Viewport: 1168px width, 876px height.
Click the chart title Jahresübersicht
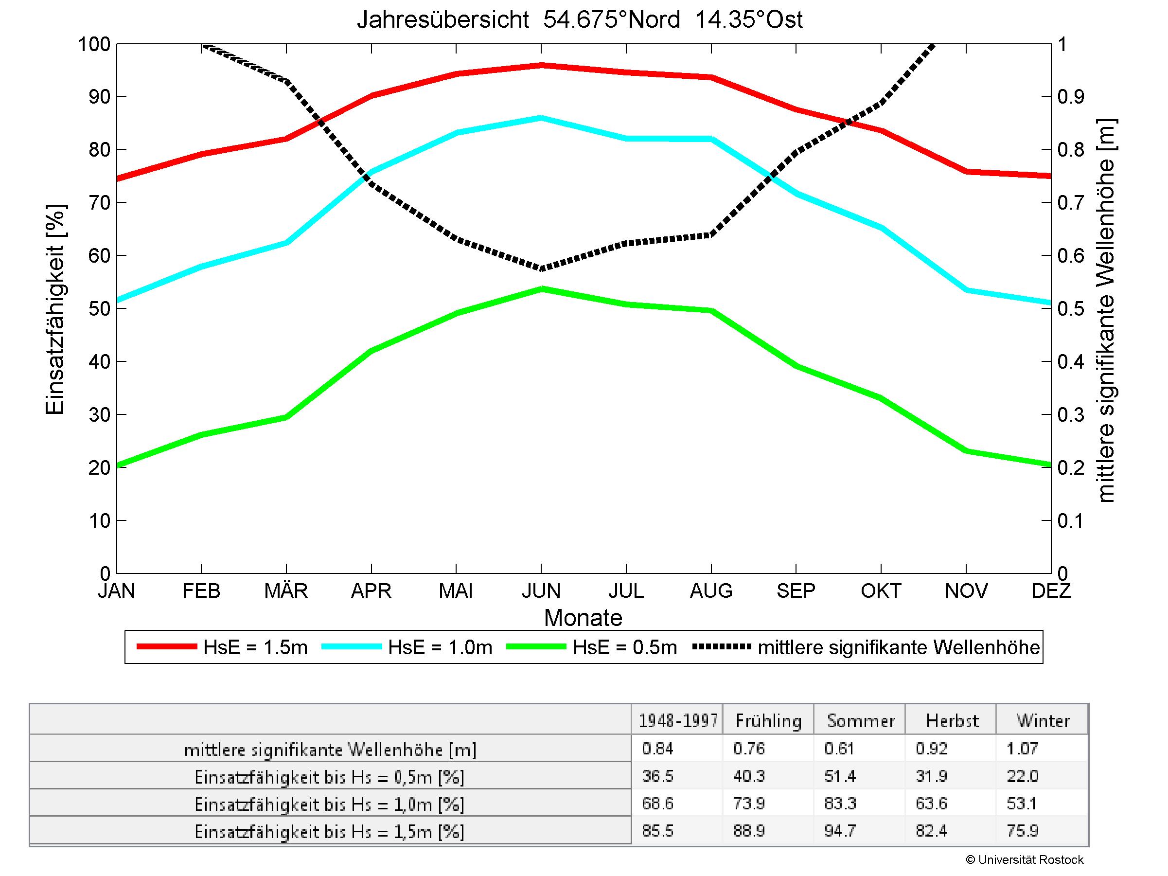(x=579, y=20)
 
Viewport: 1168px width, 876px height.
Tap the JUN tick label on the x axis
(x=541, y=590)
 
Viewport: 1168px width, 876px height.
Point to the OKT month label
(x=881, y=590)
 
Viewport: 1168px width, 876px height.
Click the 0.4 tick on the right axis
(x=1070, y=362)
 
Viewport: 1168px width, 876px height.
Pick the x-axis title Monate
(x=583, y=617)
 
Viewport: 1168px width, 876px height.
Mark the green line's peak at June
(x=541, y=289)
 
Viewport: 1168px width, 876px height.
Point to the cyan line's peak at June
(x=541, y=118)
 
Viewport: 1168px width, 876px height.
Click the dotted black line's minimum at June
(x=541, y=268)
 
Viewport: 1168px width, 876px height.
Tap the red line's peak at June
(x=541, y=66)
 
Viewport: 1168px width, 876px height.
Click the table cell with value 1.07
(x=1022, y=748)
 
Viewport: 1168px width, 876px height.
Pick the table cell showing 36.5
(x=657, y=776)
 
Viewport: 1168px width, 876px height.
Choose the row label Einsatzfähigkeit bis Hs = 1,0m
(x=330, y=804)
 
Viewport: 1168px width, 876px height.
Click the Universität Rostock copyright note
(x=1025, y=859)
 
